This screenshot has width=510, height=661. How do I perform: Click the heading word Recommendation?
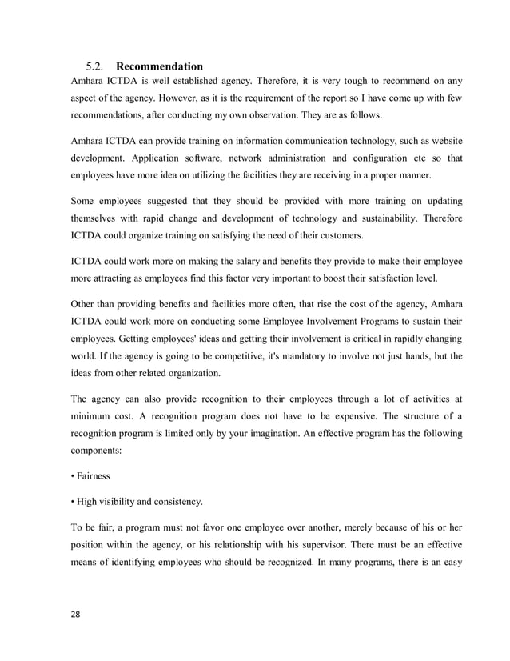(159, 66)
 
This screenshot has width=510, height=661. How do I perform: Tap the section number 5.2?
(95, 66)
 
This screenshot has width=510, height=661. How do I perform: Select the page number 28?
(77, 618)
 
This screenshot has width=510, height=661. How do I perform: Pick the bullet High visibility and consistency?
(137, 503)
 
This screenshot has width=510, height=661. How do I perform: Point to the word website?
(441, 141)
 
